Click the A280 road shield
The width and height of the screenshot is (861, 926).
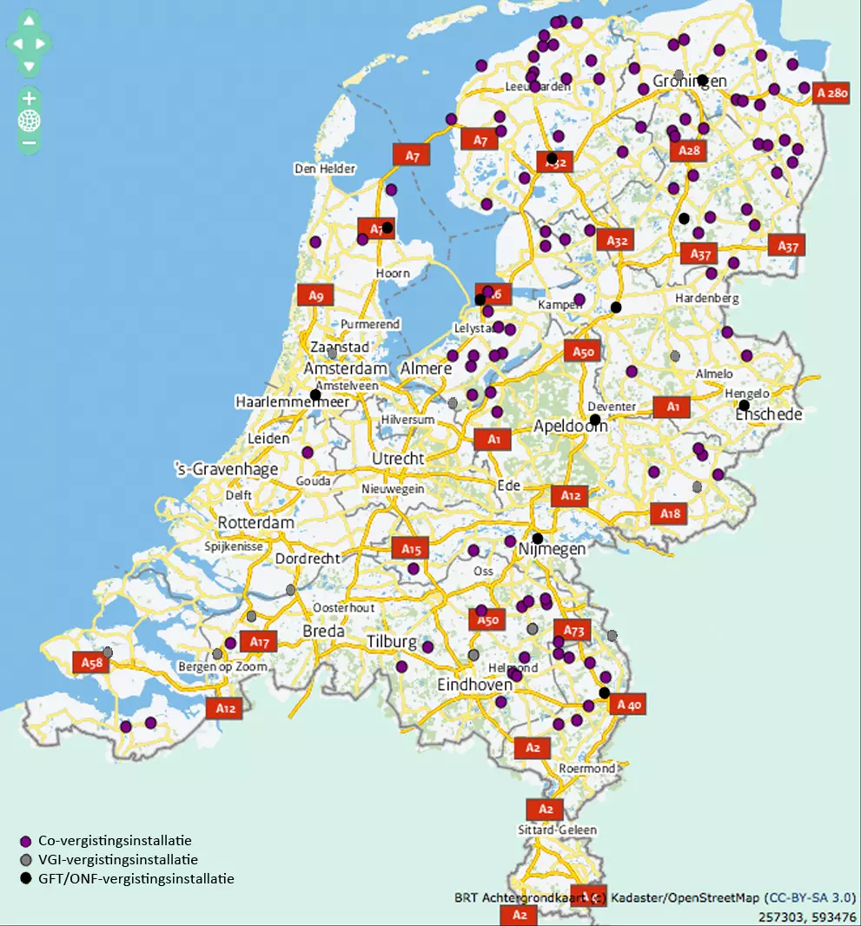(831, 93)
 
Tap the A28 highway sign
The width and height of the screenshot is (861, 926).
(689, 150)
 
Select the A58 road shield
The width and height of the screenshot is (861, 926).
(91, 663)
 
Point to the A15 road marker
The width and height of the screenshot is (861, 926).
(411, 549)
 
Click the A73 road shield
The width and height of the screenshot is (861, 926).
(573, 631)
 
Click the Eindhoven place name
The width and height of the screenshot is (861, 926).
(474, 685)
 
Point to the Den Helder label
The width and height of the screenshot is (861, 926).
(325, 169)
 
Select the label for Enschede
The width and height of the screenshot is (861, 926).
(769, 414)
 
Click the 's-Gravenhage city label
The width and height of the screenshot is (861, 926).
(227, 469)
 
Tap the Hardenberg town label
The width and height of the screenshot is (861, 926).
(706, 298)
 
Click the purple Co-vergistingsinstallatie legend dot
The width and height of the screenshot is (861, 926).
(26, 841)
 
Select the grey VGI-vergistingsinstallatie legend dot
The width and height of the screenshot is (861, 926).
(26, 860)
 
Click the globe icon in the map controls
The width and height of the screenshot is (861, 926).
(29, 120)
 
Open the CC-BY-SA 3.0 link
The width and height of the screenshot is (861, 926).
(810, 897)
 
